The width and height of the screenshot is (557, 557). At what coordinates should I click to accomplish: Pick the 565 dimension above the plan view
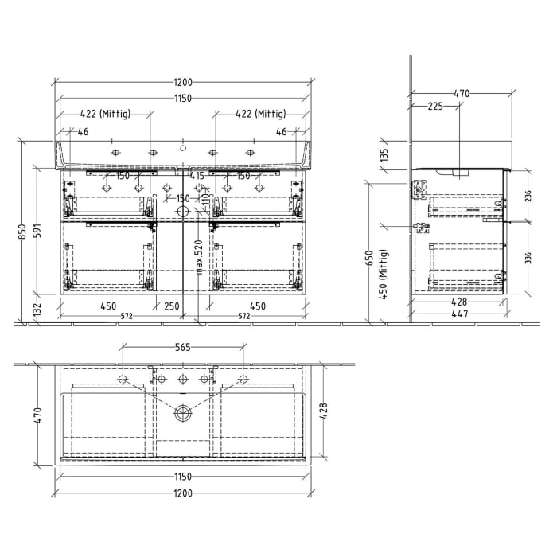pyautogui.click(x=182, y=347)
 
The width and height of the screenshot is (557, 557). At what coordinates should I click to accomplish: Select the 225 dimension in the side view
pyautogui.click(x=435, y=106)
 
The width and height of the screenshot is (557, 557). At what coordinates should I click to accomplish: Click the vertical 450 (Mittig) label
pyautogui.click(x=385, y=275)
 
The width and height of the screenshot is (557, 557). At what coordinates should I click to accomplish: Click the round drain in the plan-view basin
pyautogui.click(x=182, y=412)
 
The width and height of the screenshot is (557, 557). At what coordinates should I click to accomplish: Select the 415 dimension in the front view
pyautogui.click(x=197, y=176)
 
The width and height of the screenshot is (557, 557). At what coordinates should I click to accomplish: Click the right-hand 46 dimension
pyautogui.click(x=281, y=132)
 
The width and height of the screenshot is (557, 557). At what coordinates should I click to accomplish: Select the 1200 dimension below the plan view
pyautogui.click(x=182, y=493)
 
